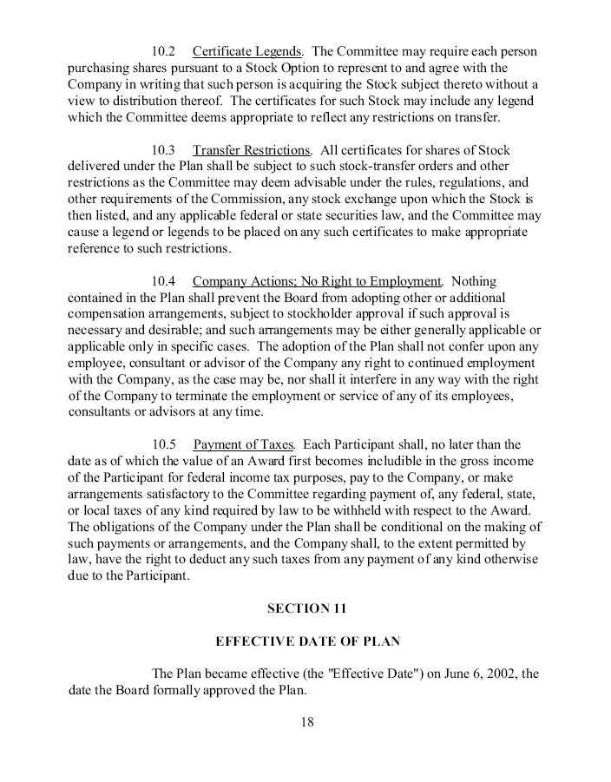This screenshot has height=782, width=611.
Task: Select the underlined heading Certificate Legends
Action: coord(247,52)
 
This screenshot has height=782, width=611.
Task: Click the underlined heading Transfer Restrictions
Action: coord(251,151)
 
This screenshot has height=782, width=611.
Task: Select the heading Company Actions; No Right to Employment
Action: coord(317,282)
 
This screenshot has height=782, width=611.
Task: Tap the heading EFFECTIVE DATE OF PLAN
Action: coord(307,642)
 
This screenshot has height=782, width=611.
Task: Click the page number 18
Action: coord(307,722)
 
